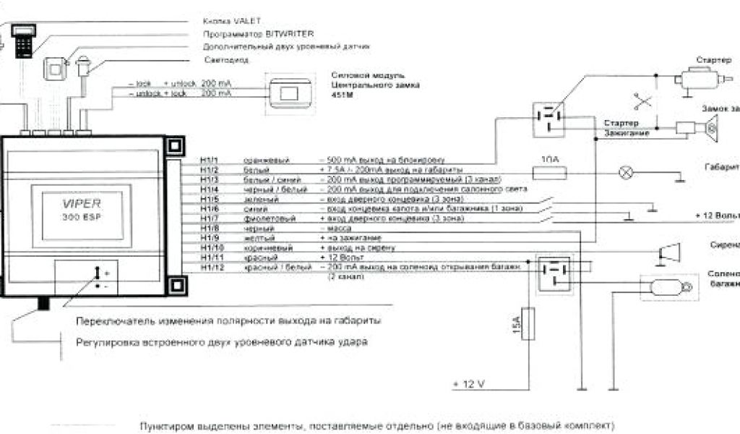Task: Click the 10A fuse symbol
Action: click(x=548, y=171)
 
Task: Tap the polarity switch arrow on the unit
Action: click(x=97, y=272)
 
